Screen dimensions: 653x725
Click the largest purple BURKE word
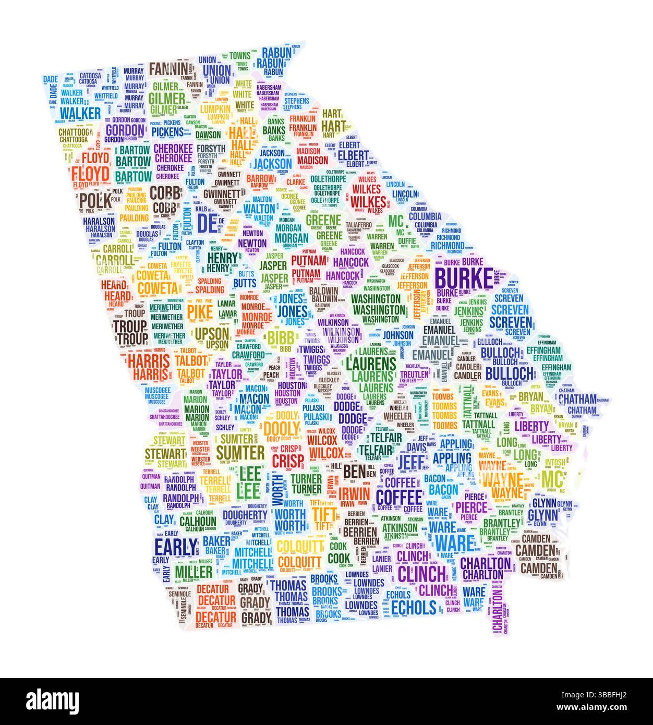coord(463,278)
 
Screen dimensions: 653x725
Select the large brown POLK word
coord(94,200)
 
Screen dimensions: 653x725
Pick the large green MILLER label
coord(194,572)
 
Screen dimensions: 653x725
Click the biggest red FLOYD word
coord(90,173)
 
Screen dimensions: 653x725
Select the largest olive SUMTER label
coord(240,451)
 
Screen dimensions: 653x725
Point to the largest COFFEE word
coord(398,496)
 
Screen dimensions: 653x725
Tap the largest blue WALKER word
coord(80,113)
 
